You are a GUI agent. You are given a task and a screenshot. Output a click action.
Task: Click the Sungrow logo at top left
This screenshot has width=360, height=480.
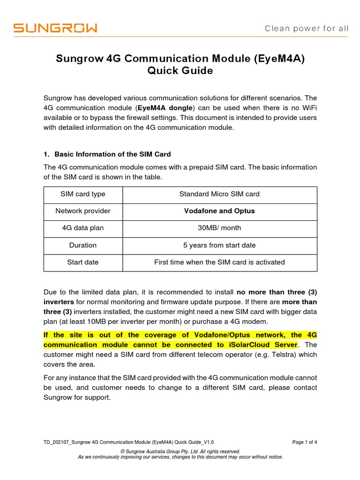click(x=55, y=29)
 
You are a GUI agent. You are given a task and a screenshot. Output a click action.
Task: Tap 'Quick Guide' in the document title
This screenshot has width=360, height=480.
click(x=180, y=71)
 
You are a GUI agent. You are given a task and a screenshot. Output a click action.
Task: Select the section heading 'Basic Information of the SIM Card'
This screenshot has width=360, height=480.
click(x=112, y=154)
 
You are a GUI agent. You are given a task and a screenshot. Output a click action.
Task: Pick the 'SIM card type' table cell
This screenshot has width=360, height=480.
click(x=83, y=194)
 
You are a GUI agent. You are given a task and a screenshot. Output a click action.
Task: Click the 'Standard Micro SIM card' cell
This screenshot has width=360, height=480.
click(x=219, y=194)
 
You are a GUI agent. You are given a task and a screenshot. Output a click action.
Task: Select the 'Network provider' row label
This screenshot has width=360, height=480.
click(x=83, y=211)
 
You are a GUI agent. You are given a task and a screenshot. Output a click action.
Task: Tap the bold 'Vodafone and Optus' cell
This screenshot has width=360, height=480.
click(x=219, y=211)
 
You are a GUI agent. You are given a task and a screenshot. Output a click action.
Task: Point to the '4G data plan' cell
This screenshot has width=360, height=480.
click(x=83, y=228)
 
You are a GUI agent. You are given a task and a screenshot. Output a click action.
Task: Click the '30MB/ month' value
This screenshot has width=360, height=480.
click(x=219, y=228)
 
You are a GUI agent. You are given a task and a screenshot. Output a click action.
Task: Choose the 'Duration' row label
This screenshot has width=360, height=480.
click(x=83, y=245)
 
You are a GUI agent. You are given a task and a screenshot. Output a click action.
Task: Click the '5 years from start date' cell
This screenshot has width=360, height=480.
click(x=219, y=245)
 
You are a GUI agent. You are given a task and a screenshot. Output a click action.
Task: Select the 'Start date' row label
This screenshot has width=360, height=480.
click(x=83, y=262)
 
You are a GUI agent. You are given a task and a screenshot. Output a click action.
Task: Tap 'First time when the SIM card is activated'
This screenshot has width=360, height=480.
click(x=219, y=262)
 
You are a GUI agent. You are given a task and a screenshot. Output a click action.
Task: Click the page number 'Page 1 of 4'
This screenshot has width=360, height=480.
click(x=305, y=442)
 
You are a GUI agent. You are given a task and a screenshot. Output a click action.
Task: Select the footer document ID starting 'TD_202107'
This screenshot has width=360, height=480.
click(x=129, y=442)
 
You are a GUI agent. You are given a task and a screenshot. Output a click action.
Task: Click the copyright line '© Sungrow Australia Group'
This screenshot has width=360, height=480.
click(x=180, y=451)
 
